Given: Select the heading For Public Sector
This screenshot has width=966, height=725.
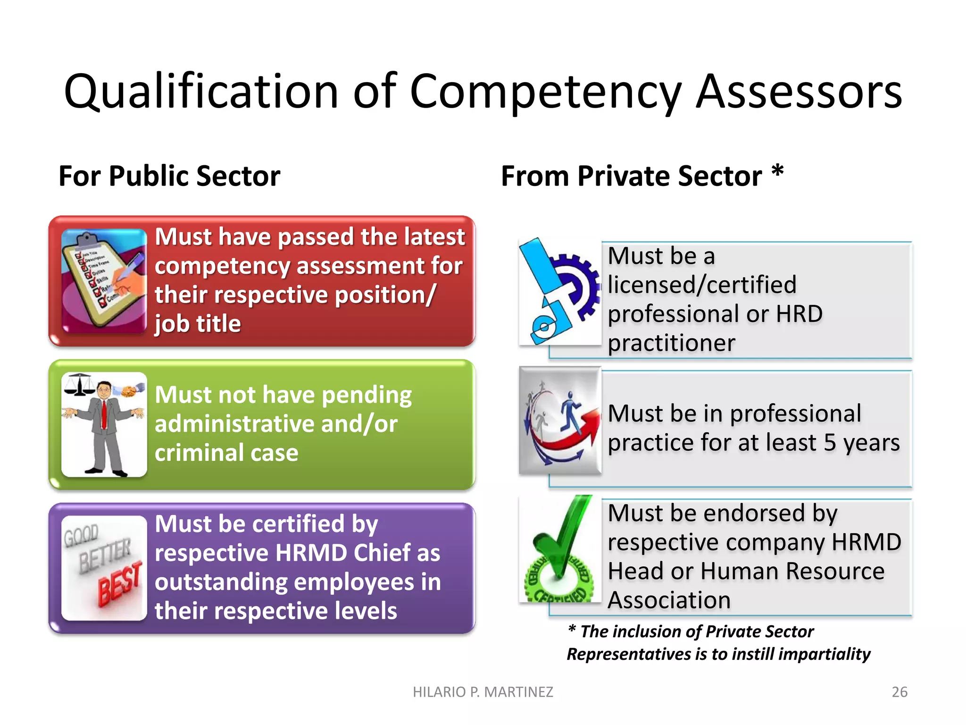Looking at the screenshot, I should tap(169, 176).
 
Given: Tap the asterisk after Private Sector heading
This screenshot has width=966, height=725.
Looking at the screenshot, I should tap(777, 172).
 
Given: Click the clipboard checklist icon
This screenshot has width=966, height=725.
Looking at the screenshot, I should tap(104, 281).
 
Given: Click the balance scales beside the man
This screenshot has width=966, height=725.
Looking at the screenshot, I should tap(79, 385).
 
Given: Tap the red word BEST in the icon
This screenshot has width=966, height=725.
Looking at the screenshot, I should tap(120, 584).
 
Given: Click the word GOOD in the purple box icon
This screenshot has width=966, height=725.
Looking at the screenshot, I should tap(81, 535).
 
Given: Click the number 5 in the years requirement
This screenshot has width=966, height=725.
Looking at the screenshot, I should tap(830, 443).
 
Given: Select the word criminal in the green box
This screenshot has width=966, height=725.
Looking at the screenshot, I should tap(199, 453).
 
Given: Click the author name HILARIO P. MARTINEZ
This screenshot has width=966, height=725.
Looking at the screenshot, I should tap(483, 692).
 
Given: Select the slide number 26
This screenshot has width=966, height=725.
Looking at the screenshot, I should tap(899, 692).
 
